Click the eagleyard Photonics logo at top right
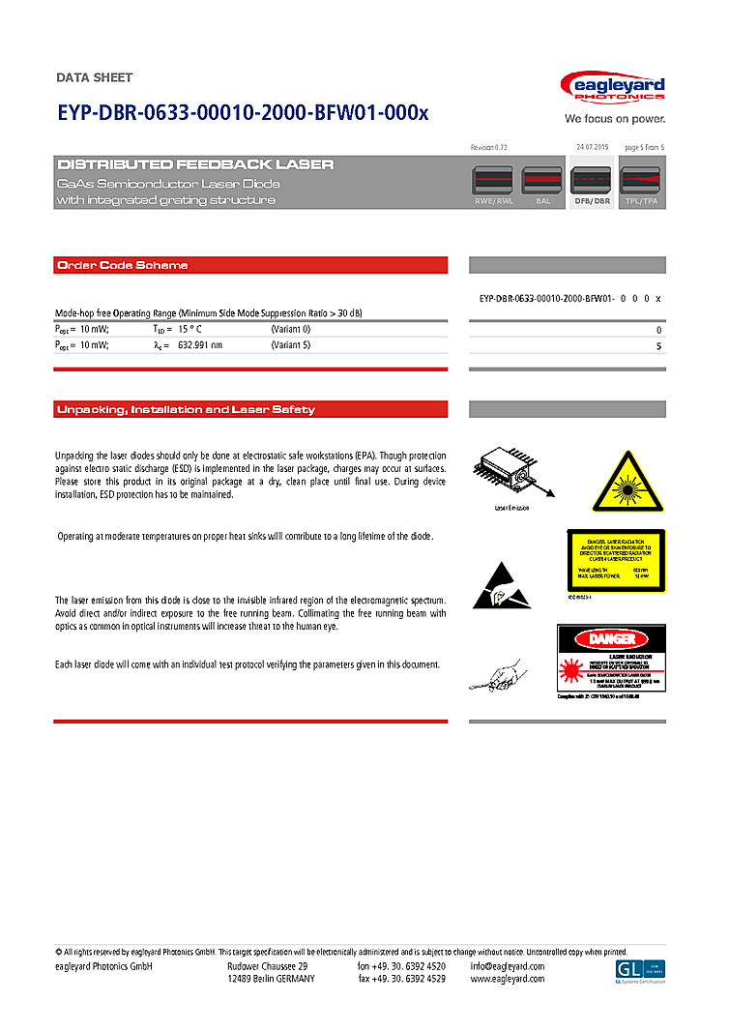[x=613, y=89]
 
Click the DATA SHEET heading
[x=95, y=77]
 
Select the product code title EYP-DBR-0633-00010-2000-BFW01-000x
[x=242, y=112]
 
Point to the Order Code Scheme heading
[x=122, y=265]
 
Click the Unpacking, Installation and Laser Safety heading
[x=186, y=409]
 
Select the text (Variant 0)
[x=291, y=329]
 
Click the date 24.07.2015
[x=591, y=146]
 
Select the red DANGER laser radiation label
[x=612, y=661]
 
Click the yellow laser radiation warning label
[x=615, y=560]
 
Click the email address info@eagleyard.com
[x=508, y=966]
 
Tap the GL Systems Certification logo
[x=640, y=971]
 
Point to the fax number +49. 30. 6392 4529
[x=401, y=979]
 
